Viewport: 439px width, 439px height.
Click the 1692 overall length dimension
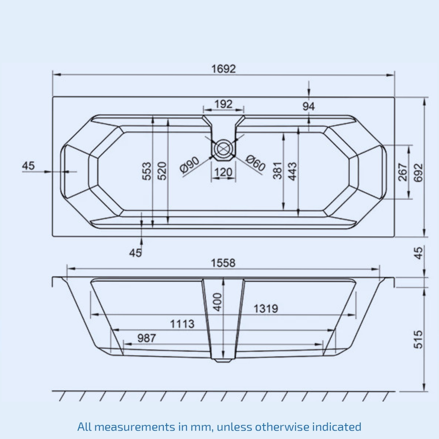coord(223,69)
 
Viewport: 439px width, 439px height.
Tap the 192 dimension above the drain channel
coord(223,104)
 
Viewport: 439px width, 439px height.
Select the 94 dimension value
coord(309,106)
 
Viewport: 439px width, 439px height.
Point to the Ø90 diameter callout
coord(190,164)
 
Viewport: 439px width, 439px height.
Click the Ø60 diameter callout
coord(256,163)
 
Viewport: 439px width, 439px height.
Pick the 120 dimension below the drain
coord(223,172)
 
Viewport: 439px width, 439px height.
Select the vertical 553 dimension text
coord(147,171)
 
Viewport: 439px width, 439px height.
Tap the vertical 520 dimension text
coord(162,171)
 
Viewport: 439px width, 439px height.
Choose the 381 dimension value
coord(277,170)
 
